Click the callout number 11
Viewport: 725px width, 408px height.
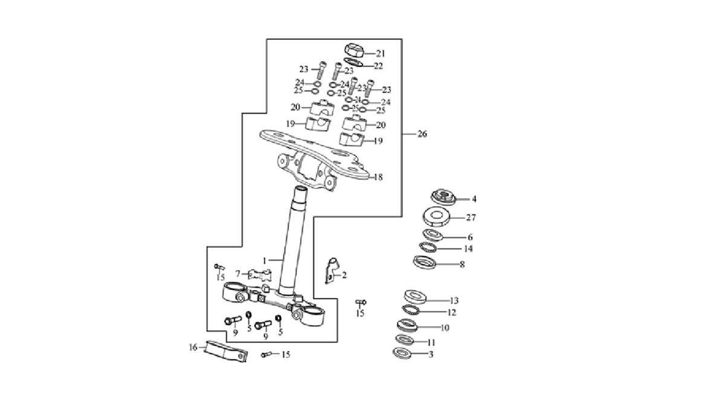point(448,342)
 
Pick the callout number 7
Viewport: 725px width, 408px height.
point(238,273)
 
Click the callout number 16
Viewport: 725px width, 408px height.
point(193,348)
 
